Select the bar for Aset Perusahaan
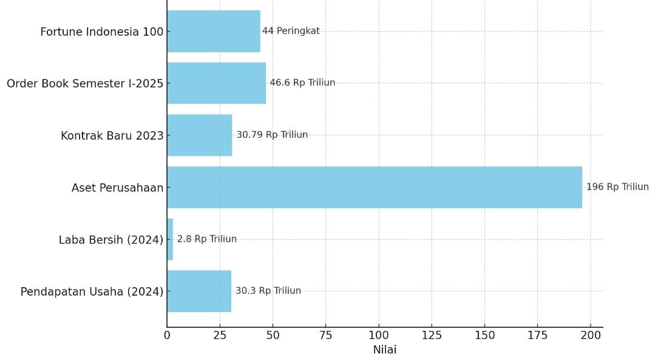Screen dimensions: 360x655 (x=374, y=187)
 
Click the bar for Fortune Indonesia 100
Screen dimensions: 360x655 (x=214, y=31)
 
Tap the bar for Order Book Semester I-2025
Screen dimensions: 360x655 (x=216, y=83)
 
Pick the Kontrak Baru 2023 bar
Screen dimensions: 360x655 (x=200, y=135)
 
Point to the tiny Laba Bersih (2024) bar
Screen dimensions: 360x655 (x=170, y=239)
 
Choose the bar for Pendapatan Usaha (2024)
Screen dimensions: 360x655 (x=199, y=291)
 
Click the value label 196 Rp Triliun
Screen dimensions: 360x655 (x=617, y=187)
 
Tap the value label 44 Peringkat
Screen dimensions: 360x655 (x=291, y=31)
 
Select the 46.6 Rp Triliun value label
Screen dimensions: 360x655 (x=302, y=83)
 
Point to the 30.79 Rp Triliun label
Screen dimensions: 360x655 (x=272, y=135)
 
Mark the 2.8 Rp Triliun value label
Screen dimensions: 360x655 (x=207, y=239)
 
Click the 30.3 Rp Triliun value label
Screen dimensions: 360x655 (x=268, y=291)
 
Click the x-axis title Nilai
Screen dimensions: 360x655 (x=384, y=350)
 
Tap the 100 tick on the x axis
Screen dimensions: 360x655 (x=379, y=335)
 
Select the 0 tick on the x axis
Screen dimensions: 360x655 (x=167, y=335)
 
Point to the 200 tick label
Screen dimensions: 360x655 (x=591, y=335)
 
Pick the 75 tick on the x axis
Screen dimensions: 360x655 (x=326, y=335)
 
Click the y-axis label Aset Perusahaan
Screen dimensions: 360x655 (x=117, y=188)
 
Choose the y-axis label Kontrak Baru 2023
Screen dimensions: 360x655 (x=112, y=136)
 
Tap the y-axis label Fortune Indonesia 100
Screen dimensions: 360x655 (x=101, y=32)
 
